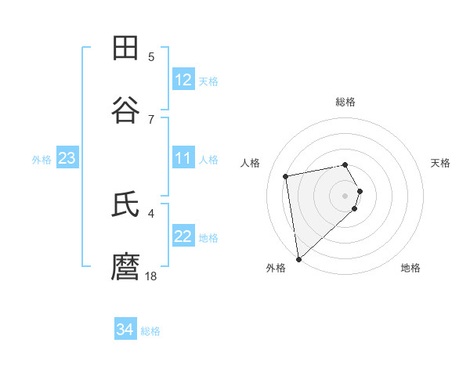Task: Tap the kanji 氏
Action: click(x=125, y=206)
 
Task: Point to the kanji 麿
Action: click(x=125, y=267)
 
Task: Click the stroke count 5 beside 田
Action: click(x=151, y=57)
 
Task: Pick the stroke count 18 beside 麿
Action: click(x=151, y=276)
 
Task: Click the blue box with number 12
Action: click(x=183, y=80)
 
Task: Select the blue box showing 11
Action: click(x=183, y=158)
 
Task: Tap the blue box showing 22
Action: click(x=183, y=236)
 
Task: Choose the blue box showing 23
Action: click(x=67, y=158)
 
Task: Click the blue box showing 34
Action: click(x=125, y=330)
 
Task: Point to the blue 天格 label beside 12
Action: click(x=208, y=81)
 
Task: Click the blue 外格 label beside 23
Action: click(x=42, y=159)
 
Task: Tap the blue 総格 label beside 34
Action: click(x=150, y=331)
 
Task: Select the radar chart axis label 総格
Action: click(x=345, y=102)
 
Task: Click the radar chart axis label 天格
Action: click(x=441, y=163)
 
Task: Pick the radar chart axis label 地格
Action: click(x=410, y=268)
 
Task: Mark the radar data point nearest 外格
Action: click(x=298, y=258)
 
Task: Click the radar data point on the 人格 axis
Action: click(x=286, y=175)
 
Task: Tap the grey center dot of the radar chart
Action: click(x=345, y=194)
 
